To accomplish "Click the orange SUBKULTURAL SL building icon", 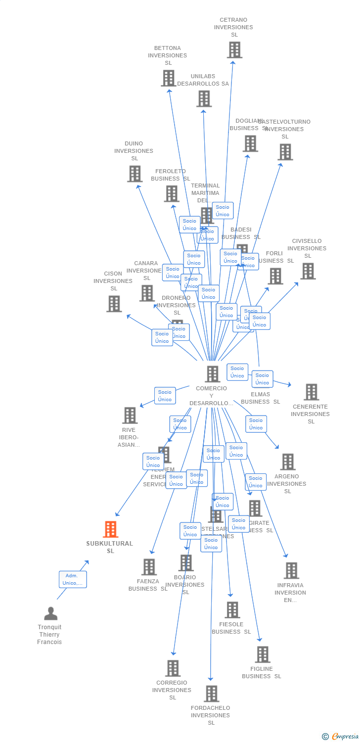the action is (110, 529).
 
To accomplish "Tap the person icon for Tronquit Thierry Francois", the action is (50, 613).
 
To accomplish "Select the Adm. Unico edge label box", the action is (73, 579).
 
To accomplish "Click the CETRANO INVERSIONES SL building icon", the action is (234, 49).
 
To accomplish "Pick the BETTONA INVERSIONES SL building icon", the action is (168, 78).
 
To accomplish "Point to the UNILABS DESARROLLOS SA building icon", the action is (204, 98).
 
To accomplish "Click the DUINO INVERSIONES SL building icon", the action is (135, 174).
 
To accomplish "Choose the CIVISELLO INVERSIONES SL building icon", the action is (308, 271).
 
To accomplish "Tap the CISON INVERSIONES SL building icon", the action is (114, 304).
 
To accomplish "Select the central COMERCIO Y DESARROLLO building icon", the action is (212, 374).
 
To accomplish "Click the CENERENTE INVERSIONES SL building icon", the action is (311, 392).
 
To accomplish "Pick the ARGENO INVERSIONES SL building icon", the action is (287, 462).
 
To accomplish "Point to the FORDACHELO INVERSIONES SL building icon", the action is (211, 694).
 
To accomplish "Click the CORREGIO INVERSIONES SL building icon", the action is (173, 668).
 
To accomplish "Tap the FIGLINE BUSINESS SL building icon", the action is (262, 654).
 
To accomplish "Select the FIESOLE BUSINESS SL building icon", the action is (232, 610).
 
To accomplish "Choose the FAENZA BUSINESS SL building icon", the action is (149, 567).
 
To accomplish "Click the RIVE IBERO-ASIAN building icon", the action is (130, 415).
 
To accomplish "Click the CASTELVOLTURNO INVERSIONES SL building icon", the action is (285, 152).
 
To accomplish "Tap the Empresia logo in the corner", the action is (340, 737).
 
